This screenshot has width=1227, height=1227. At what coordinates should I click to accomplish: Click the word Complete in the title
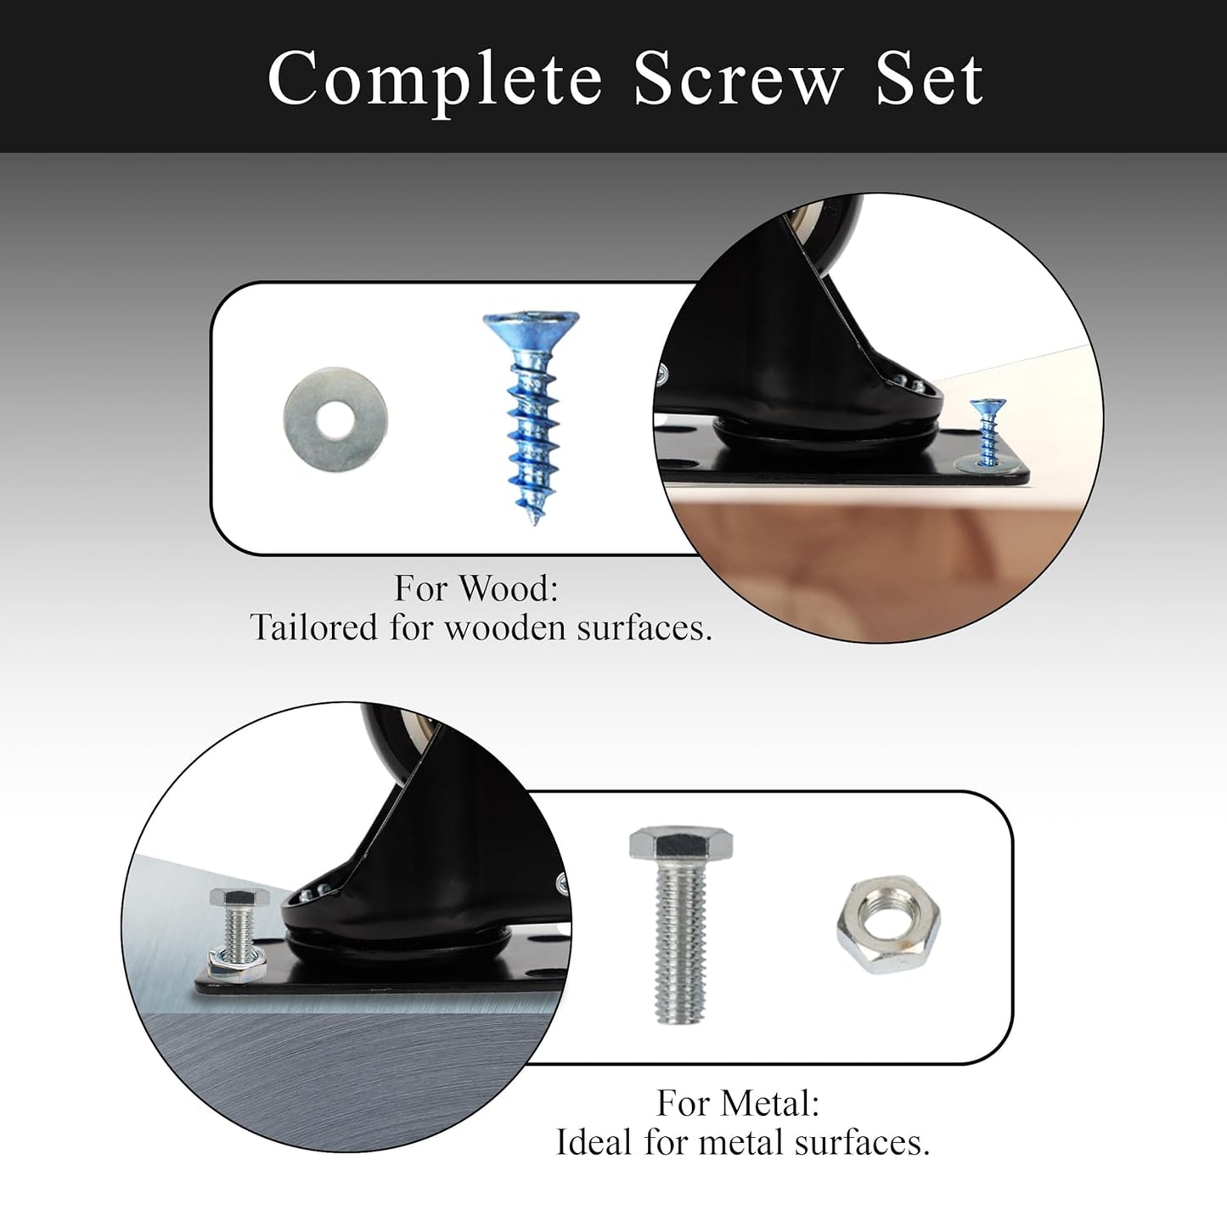tap(435, 81)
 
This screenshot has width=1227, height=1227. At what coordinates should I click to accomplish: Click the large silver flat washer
tap(335, 419)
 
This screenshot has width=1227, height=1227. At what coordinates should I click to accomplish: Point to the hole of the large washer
tap(335, 420)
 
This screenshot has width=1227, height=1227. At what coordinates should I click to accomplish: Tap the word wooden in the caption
tap(504, 628)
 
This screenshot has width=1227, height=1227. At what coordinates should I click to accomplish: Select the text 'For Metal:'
tap(738, 1102)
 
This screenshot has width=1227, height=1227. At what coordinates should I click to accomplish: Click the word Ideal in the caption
tap(594, 1142)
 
